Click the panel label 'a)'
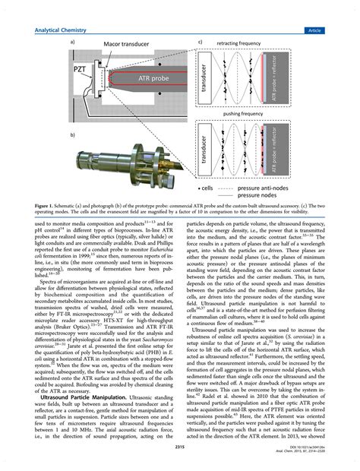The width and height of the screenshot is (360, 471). click(71, 43)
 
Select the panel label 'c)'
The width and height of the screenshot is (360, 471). click(200, 43)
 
